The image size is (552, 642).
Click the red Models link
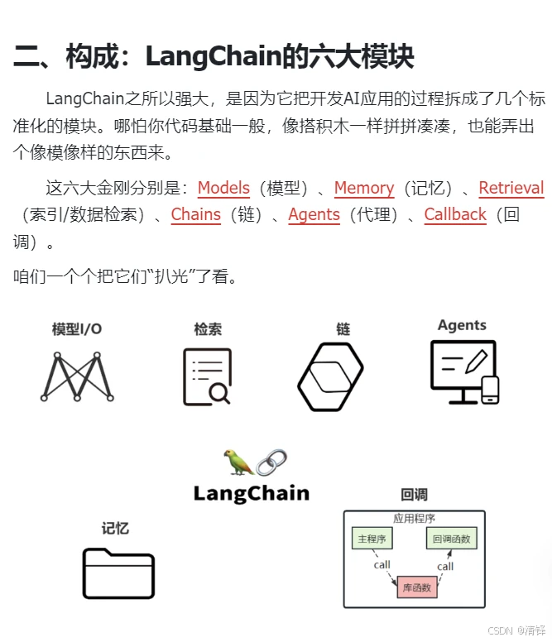pos(223,189)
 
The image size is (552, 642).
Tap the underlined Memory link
pos(363,189)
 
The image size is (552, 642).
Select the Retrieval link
pos(511,189)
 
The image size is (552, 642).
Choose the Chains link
pos(196,215)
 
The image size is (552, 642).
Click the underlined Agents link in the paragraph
pos(314,215)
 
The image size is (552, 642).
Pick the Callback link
pos(455,215)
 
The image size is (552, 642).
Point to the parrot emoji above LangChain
pos(238,462)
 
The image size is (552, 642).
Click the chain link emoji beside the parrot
pos(271,462)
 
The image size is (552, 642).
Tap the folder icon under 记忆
pos(118,573)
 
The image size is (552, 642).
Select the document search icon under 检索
pos(206,376)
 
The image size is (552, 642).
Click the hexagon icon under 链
pos(331,376)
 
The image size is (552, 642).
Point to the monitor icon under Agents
pos(464,371)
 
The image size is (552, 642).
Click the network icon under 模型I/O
pos(76,377)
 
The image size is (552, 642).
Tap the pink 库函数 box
pos(415,587)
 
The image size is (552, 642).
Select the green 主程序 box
pos(372,539)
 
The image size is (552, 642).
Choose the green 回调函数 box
pos(452,539)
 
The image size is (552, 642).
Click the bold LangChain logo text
pos(251,494)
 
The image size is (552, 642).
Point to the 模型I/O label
pos(77,329)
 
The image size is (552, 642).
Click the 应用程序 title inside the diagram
pos(415,519)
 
